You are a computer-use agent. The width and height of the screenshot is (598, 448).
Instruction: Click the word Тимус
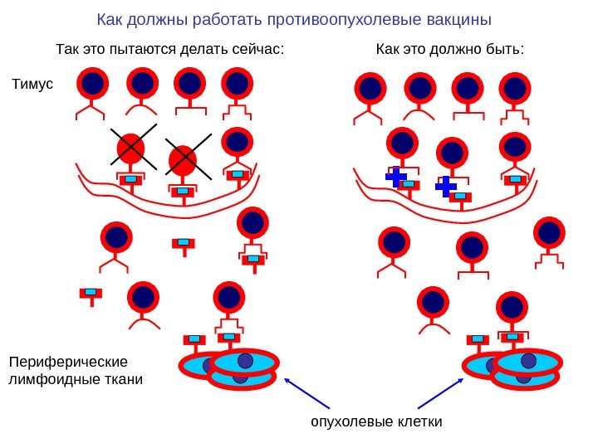pyautogui.click(x=31, y=84)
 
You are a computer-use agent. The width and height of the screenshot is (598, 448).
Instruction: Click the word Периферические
pyautogui.click(x=68, y=363)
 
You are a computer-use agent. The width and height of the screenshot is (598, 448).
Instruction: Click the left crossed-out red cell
pyautogui.click(x=130, y=149)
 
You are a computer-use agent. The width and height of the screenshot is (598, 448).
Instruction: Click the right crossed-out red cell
pyautogui.click(x=182, y=159)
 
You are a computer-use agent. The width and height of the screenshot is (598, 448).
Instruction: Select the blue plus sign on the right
pyautogui.click(x=446, y=187)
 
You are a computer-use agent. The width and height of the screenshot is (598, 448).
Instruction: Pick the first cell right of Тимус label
pyautogui.click(x=92, y=83)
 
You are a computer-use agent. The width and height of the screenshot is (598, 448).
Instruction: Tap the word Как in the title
pyautogui.click(x=109, y=19)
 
